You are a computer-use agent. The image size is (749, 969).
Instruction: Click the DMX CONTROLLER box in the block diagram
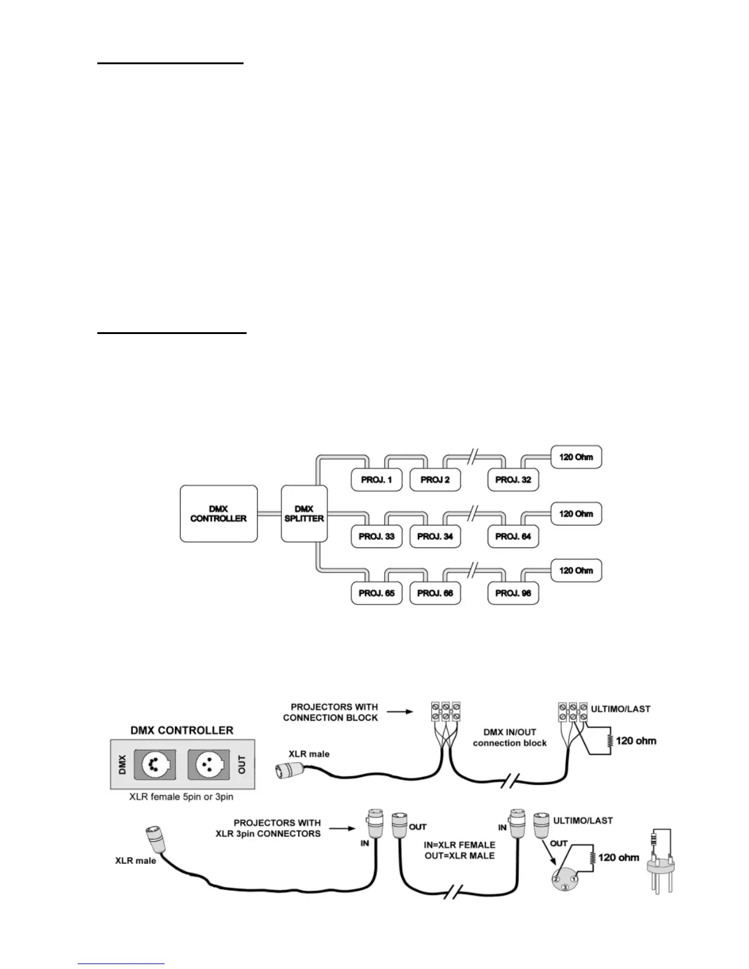coord(218,514)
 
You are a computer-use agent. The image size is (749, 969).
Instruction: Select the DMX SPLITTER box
coord(304,514)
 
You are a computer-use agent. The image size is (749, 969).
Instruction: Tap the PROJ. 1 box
coord(376,480)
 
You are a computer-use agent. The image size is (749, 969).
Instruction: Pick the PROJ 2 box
coord(435,480)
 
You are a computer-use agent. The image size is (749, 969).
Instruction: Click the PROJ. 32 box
coord(513,480)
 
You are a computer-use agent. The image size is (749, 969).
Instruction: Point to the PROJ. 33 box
coord(376,536)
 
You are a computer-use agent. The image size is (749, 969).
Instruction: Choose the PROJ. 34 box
coord(435,536)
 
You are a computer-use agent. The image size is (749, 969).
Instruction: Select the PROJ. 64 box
coord(513,536)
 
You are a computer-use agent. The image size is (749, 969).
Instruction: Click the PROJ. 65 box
coord(376,593)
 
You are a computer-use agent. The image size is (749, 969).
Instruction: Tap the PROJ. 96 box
coord(513,593)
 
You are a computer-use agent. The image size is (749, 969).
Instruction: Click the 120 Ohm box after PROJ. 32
coord(576,457)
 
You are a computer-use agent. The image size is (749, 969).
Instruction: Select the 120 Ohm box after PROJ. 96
coord(576,571)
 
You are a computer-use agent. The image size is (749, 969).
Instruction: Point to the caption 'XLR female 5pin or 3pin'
coord(181,797)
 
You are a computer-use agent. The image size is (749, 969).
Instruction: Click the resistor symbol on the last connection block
coord(609,741)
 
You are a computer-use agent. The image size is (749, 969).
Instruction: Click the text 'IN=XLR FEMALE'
coord(460,845)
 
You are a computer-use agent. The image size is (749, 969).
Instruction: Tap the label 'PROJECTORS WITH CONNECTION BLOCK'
coord(330,712)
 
